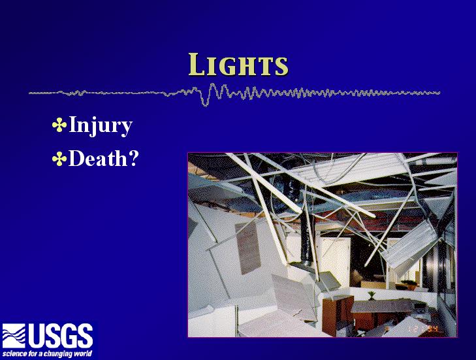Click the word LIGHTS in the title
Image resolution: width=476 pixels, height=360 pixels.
(x=238, y=65)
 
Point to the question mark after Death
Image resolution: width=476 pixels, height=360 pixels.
(x=134, y=158)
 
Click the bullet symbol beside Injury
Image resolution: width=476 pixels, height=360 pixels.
(x=59, y=125)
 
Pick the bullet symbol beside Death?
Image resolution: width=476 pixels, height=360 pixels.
(x=59, y=159)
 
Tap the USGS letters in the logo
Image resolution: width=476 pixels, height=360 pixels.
(x=61, y=336)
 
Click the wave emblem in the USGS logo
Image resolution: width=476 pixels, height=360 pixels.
(x=14, y=336)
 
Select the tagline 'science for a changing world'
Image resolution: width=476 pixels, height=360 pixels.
(x=48, y=354)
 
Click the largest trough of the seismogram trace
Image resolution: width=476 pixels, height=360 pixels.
(x=206, y=103)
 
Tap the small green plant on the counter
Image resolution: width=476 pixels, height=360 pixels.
(x=372, y=295)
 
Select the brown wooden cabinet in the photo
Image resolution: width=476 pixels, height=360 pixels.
(x=338, y=316)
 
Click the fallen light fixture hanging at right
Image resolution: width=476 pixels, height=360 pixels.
(x=410, y=243)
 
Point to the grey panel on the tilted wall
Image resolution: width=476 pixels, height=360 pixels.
(x=247, y=247)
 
